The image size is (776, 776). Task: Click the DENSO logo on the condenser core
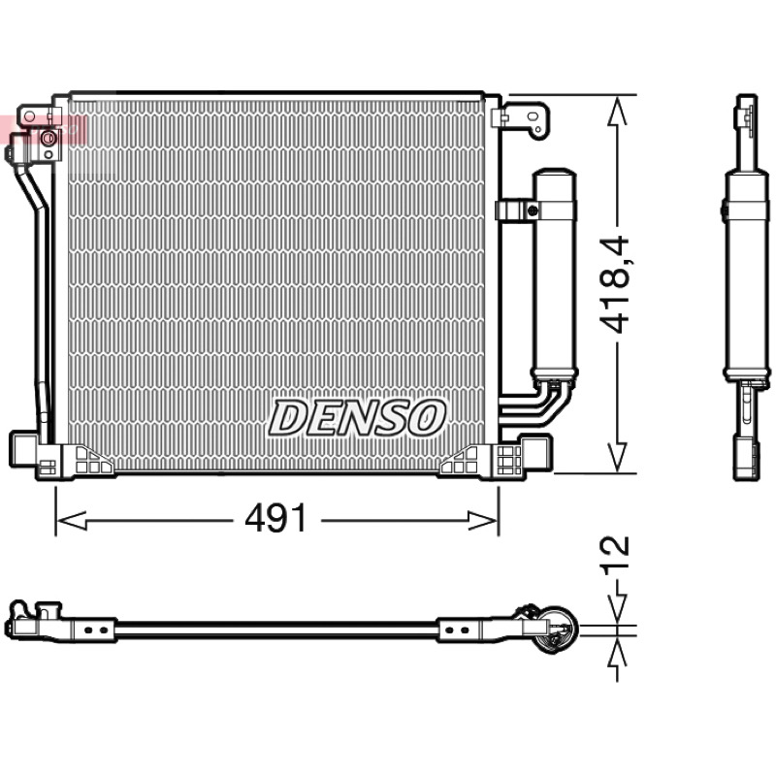pyautogui.click(x=357, y=418)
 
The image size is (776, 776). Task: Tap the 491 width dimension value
pyautogui.click(x=276, y=519)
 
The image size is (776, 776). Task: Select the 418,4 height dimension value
pyautogui.click(x=614, y=283)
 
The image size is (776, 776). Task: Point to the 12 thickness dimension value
pyautogui.click(x=615, y=555)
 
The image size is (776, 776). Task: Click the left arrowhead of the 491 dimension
pyautogui.click(x=72, y=520)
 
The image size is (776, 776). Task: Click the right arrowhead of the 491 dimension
pyautogui.click(x=482, y=520)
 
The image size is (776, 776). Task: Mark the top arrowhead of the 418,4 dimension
pyautogui.click(x=617, y=111)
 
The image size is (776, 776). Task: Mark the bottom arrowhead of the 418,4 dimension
pyautogui.click(x=617, y=457)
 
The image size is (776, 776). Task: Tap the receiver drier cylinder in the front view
pyautogui.click(x=554, y=275)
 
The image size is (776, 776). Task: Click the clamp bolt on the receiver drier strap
pyautogui.click(x=533, y=210)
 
